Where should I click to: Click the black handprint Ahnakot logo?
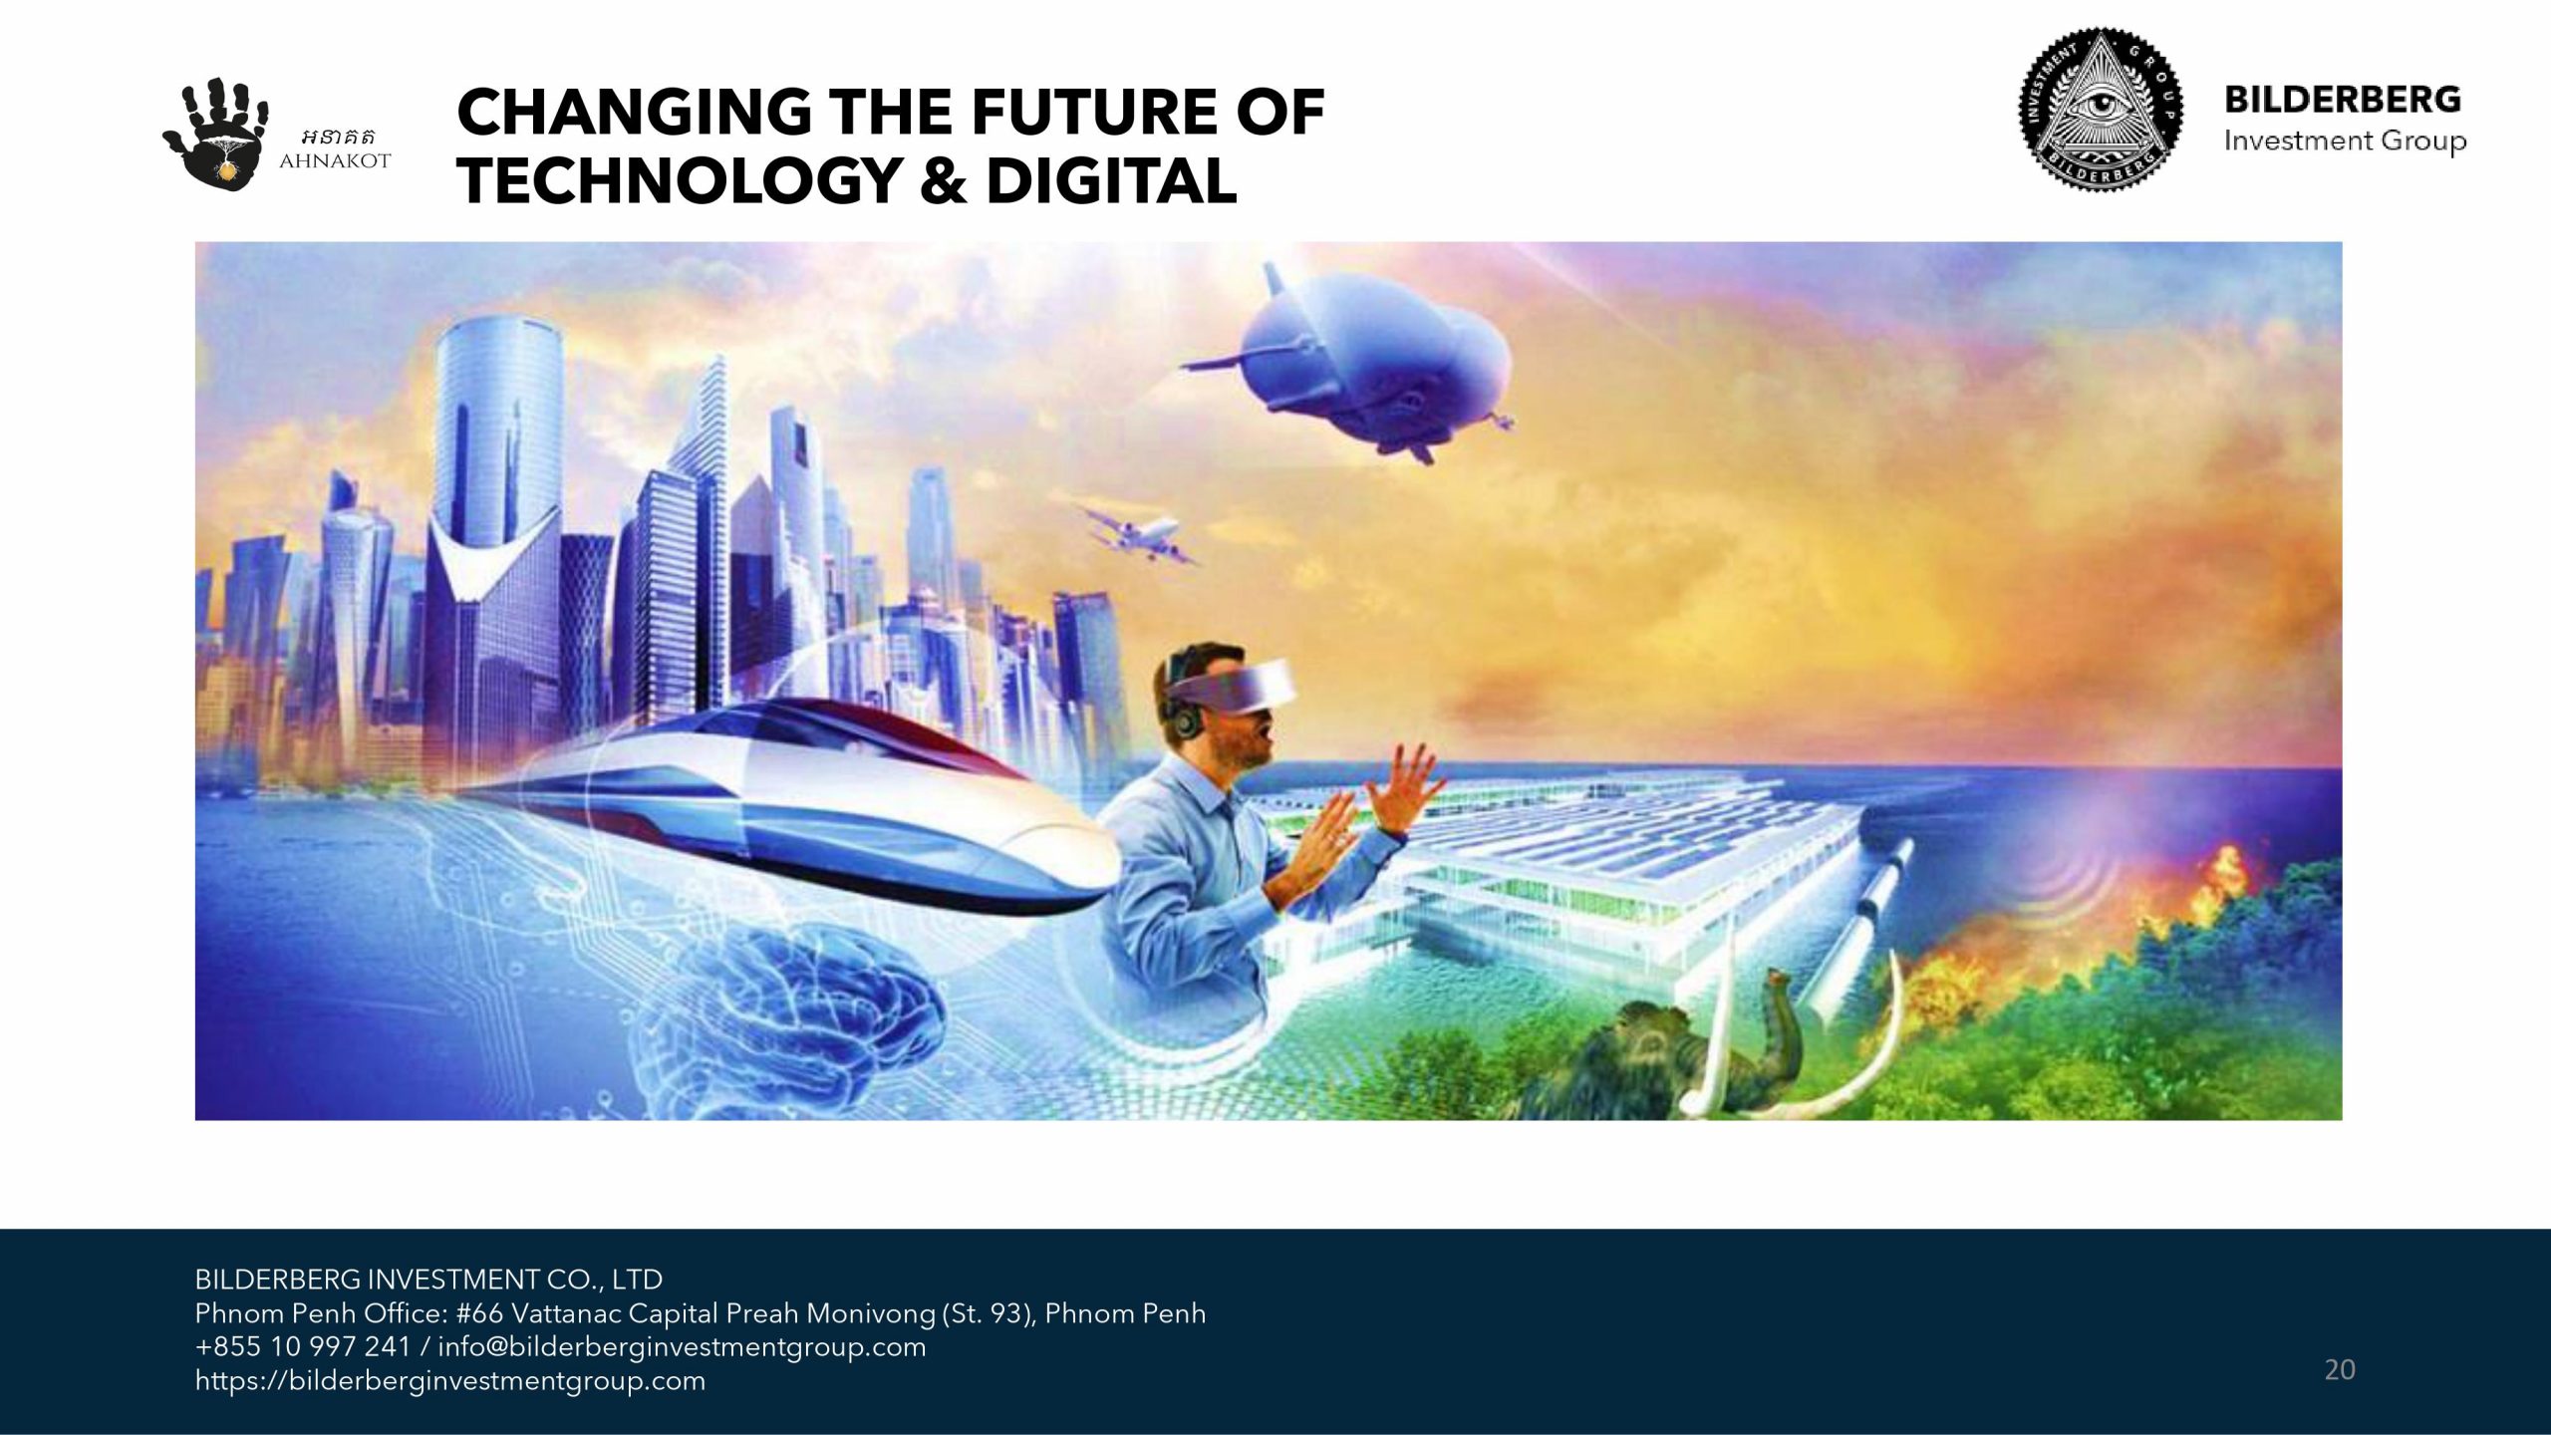[216, 135]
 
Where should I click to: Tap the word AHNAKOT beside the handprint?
[335, 161]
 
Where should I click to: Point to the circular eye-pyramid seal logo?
[2101, 110]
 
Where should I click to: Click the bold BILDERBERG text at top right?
[2343, 100]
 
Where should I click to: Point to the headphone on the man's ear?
[1185, 717]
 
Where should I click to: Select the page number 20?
[2340, 1370]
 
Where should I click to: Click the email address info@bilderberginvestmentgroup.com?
[682, 1348]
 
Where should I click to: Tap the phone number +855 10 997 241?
[303, 1347]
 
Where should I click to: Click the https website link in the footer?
[450, 1382]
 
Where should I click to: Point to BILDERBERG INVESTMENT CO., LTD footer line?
[428, 1280]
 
